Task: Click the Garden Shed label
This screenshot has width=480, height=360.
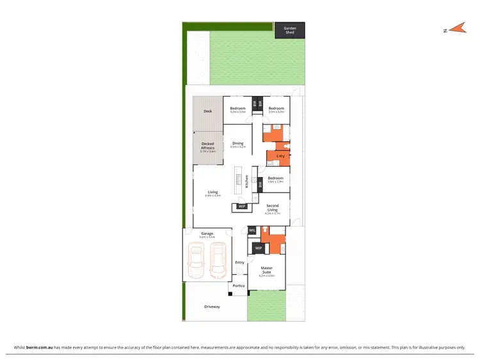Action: (x=290, y=30)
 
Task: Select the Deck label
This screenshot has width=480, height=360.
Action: (x=207, y=111)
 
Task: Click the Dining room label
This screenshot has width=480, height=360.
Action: (x=237, y=143)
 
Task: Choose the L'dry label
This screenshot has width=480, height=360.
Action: (x=280, y=156)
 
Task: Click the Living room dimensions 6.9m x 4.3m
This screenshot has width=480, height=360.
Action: (x=213, y=196)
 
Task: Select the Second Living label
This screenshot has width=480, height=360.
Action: (x=273, y=208)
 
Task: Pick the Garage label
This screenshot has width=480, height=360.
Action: (x=207, y=233)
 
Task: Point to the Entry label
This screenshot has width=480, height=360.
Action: (x=239, y=262)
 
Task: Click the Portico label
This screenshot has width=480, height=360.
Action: (x=239, y=286)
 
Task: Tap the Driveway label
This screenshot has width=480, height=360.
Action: (x=212, y=307)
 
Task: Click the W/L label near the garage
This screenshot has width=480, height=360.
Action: (x=252, y=230)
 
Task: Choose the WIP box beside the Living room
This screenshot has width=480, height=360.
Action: (x=241, y=207)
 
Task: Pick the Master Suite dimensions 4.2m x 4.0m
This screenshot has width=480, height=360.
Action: (x=267, y=276)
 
